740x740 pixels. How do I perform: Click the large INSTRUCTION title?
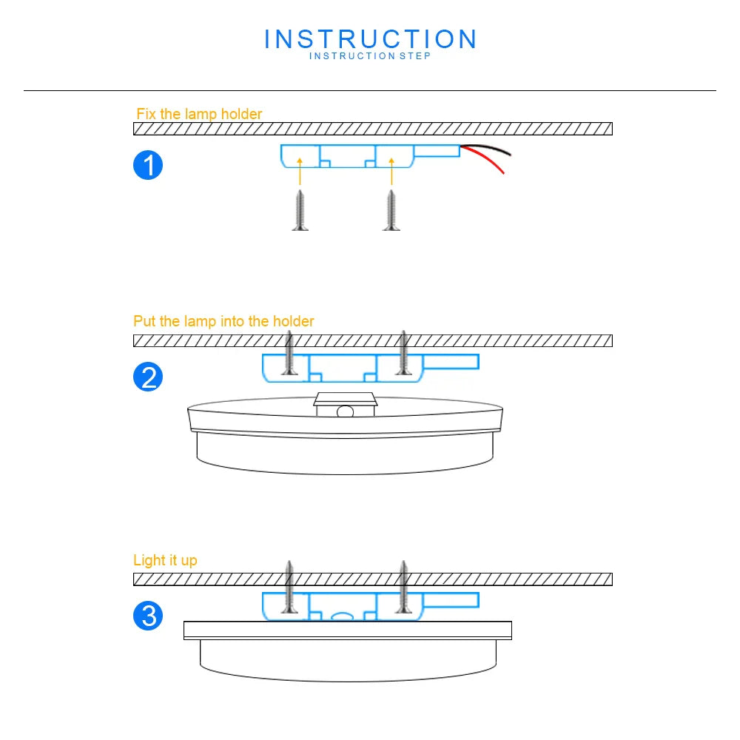[x=370, y=39]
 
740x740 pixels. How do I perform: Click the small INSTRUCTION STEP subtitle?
[x=370, y=56]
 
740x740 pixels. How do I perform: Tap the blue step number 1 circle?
[x=148, y=165]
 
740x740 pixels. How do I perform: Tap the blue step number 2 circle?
[x=148, y=377]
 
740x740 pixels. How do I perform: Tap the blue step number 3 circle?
[x=148, y=616]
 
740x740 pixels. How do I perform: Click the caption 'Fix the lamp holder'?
[x=199, y=114]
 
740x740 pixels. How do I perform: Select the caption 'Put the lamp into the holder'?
[x=223, y=321]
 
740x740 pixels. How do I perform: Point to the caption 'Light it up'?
[x=165, y=560]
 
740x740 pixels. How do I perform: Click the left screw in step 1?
[x=300, y=210]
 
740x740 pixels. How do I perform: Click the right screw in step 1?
[x=391, y=210]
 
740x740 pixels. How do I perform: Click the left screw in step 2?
[x=290, y=353]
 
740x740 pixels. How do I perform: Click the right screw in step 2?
[x=403, y=353]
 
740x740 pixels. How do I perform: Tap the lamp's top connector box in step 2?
[x=346, y=404]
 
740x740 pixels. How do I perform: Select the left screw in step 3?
[x=290, y=588]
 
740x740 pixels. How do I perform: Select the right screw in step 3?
[x=403, y=588]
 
